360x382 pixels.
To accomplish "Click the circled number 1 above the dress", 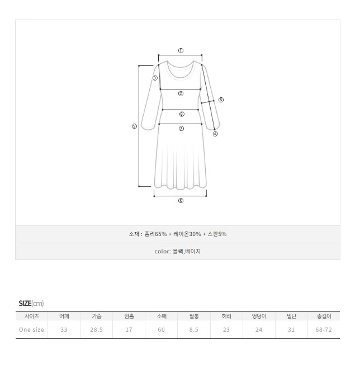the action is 181,51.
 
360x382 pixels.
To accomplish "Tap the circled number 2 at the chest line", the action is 181,93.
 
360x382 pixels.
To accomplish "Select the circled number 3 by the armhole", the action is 155,78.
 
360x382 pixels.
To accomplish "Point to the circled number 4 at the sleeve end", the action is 215,134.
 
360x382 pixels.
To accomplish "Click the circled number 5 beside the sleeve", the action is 221,100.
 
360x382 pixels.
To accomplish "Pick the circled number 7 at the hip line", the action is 181,129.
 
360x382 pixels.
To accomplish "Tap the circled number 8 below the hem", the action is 181,200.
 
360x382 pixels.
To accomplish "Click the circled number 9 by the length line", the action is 134,126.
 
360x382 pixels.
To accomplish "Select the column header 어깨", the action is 64,316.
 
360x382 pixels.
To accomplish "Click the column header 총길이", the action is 324,316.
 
